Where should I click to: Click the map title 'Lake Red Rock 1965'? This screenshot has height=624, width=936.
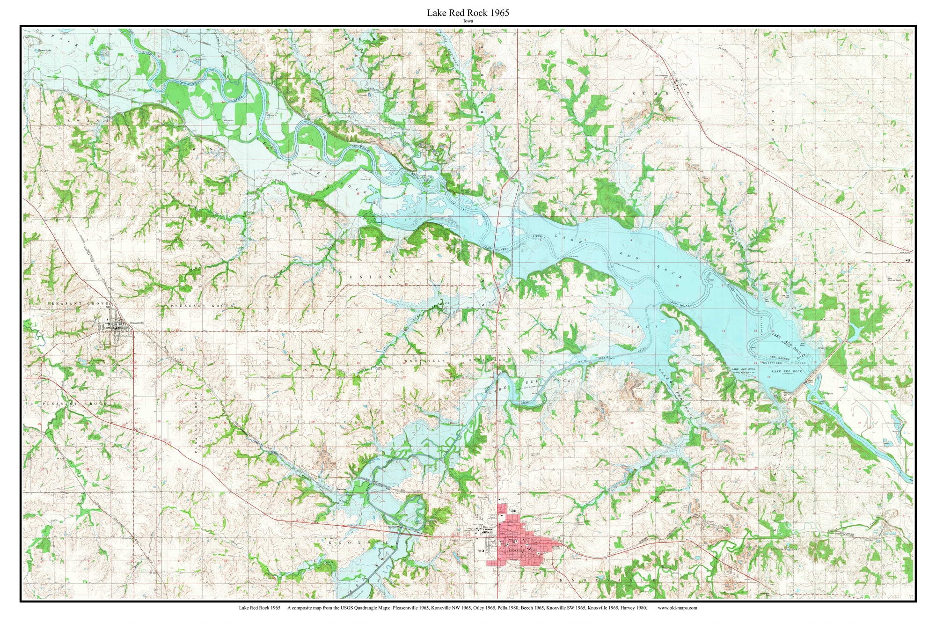(x=468, y=13)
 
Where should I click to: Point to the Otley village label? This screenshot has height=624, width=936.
(x=685, y=85)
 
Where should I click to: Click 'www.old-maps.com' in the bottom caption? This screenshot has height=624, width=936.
(x=677, y=608)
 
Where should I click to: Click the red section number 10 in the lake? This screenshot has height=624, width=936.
(x=677, y=285)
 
